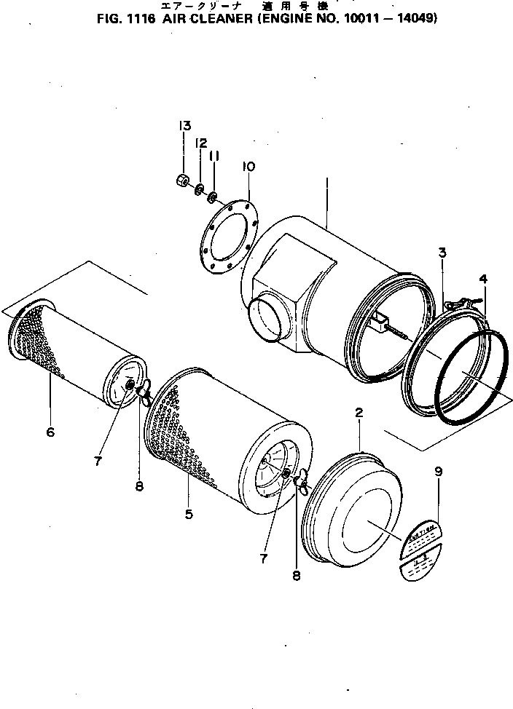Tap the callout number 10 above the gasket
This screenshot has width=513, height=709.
point(248,167)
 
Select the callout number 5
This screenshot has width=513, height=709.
point(189,514)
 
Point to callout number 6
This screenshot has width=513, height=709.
point(50,432)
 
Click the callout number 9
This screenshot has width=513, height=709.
point(438,471)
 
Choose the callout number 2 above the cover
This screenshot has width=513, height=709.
point(359,413)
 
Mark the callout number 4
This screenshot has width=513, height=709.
point(483,279)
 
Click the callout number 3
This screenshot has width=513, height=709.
point(442,253)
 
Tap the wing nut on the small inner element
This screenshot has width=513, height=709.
point(144,394)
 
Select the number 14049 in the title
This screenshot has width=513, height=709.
point(417,20)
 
